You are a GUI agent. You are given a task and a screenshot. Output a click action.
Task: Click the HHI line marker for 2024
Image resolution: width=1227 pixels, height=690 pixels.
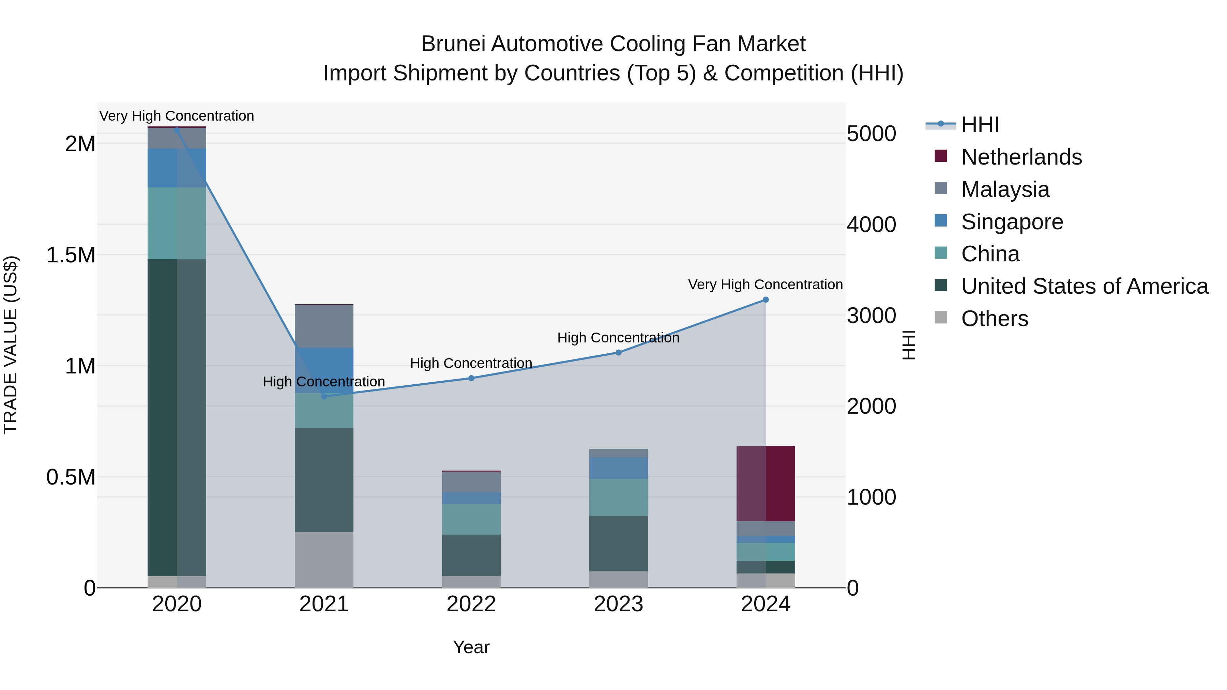coord(766,300)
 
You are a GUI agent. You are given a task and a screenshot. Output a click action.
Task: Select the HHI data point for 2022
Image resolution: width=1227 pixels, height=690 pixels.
coord(471,378)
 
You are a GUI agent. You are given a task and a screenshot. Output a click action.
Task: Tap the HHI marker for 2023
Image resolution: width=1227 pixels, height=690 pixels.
coord(618,352)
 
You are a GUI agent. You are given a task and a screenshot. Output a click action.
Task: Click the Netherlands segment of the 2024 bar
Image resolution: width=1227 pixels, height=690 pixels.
coord(766,483)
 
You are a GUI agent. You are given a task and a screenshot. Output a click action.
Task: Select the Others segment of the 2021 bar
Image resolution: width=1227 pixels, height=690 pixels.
coord(324,559)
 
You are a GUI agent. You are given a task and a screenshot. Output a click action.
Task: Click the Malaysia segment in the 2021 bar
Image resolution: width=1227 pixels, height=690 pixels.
coord(324,326)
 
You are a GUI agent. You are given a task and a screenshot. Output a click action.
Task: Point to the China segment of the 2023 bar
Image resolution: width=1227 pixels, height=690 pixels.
coord(618,497)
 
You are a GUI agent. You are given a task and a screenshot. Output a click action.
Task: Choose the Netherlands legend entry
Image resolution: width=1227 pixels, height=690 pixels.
coord(1021,157)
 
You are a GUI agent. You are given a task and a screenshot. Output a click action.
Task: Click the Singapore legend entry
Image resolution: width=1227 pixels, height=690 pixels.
coord(1012,222)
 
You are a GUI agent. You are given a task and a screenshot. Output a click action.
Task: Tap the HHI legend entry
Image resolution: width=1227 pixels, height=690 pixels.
coord(980,125)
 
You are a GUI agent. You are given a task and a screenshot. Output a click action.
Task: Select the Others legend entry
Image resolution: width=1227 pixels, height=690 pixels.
coord(994,319)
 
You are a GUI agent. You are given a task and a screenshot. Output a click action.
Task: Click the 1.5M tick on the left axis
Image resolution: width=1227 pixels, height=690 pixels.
coord(71,255)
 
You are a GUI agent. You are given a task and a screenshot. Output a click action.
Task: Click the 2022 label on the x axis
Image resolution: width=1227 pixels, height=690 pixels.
coord(471,604)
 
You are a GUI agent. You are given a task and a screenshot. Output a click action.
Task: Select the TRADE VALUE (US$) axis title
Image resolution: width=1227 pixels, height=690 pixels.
coord(11,345)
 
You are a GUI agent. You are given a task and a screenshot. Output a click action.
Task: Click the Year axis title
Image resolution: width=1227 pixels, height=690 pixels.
coord(471,647)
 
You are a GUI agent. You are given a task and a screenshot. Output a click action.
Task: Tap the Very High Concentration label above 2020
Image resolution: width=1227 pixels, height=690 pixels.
coord(177,116)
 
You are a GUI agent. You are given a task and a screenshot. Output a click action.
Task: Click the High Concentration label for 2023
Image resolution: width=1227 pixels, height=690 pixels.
coord(618,338)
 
